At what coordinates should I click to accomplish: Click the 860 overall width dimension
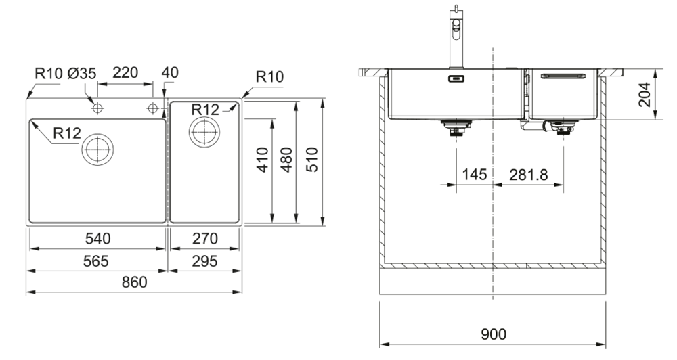click(x=134, y=282)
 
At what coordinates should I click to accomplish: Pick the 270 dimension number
click(x=205, y=239)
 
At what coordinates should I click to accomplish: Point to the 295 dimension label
click(x=205, y=261)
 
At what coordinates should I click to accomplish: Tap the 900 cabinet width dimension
click(x=492, y=335)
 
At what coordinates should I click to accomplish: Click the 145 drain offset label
click(x=474, y=175)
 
